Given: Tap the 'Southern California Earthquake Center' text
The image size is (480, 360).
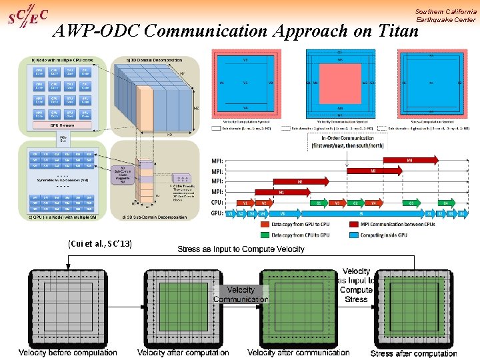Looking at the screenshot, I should point(445,15).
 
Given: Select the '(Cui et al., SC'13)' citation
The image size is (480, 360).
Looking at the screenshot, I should point(100,244).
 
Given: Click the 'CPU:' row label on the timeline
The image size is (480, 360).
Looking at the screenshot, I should point(217,203).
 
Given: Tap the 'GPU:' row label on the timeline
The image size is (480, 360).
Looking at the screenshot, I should point(217,213).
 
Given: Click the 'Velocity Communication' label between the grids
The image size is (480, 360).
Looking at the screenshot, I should point(241,295).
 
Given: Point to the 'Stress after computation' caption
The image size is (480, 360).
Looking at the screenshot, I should point(413,353).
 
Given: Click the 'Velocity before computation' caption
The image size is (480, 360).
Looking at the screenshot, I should point(67,352).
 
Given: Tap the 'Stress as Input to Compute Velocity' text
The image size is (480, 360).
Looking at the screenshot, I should point(241,249).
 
